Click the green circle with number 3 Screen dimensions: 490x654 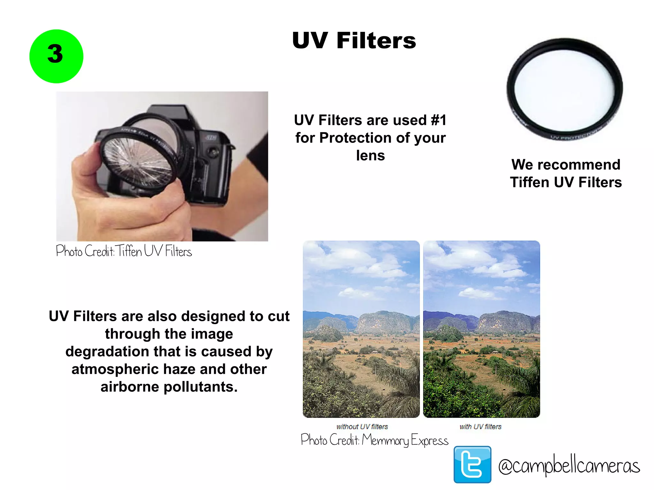click(x=56, y=56)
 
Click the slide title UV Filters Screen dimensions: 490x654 click(x=354, y=41)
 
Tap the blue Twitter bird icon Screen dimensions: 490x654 click(x=472, y=464)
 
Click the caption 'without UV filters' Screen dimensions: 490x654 click(x=362, y=427)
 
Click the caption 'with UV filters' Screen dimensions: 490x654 click(x=480, y=427)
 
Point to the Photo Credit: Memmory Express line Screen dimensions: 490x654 click(x=374, y=440)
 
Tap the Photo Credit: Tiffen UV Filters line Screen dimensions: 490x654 click(x=124, y=251)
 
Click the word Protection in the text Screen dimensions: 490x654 click(x=355, y=138)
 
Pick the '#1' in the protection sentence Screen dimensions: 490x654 click(x=438, y=120)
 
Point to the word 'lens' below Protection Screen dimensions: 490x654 click(x=370, y=156)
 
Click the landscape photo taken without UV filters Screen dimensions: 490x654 click(x=361, y=329)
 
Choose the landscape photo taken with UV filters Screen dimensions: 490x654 click(x=482, y=329)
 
